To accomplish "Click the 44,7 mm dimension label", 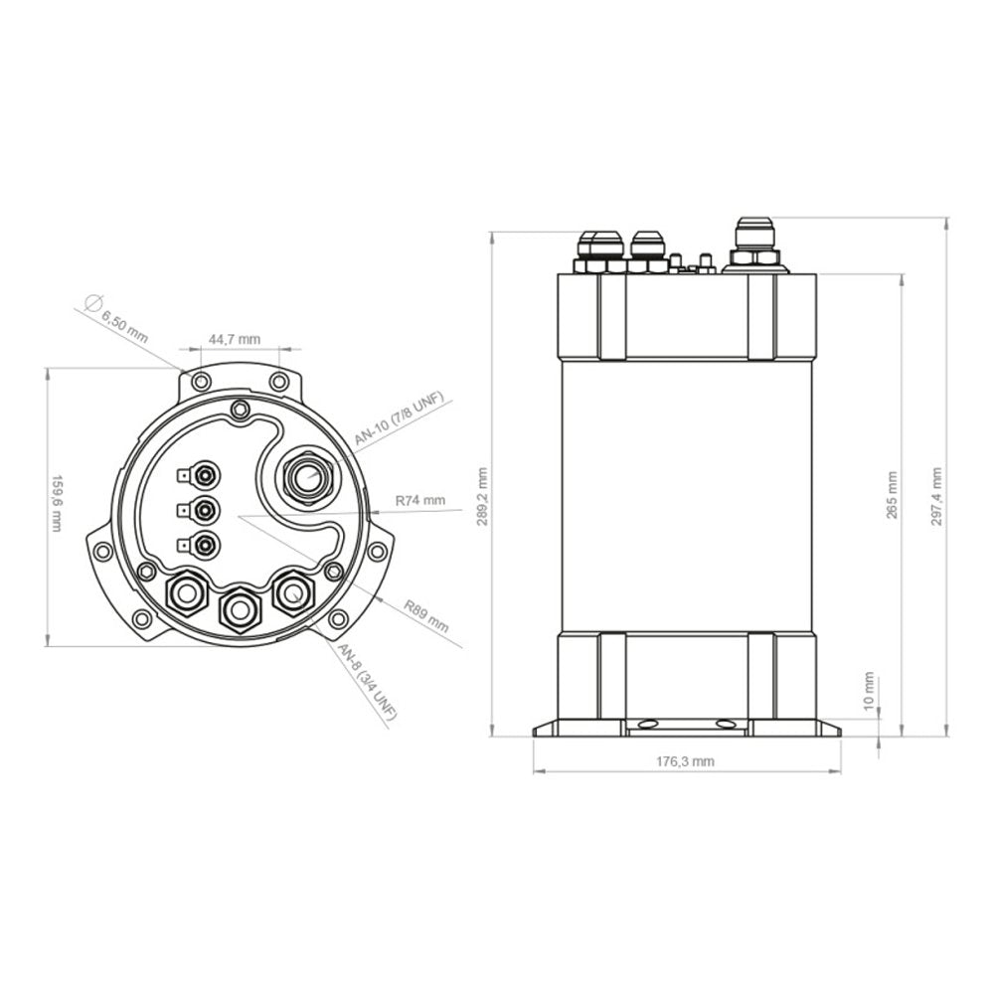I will [234, 340].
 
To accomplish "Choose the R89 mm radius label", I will [425, 616].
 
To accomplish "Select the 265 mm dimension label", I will [892, 494].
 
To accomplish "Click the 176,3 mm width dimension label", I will [686, 761].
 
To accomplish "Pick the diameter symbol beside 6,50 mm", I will [92, 302].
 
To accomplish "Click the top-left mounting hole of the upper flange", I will [201, 382].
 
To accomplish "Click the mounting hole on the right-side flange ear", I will [376, 551].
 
